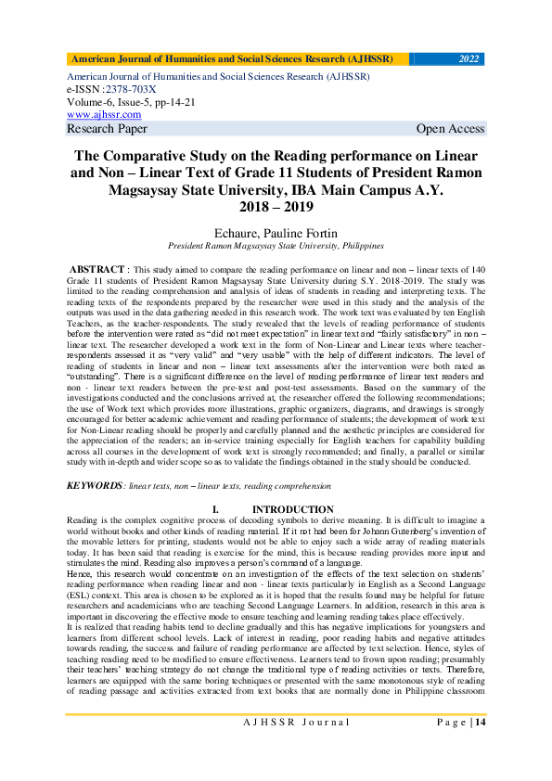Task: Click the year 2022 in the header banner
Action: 469,59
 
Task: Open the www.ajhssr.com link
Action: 103,114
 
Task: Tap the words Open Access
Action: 450,129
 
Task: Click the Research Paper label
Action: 100,129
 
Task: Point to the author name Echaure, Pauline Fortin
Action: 276,233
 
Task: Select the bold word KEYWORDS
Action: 93,485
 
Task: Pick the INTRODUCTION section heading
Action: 293,509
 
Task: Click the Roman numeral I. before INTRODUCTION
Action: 215,509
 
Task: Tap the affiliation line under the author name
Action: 276,247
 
